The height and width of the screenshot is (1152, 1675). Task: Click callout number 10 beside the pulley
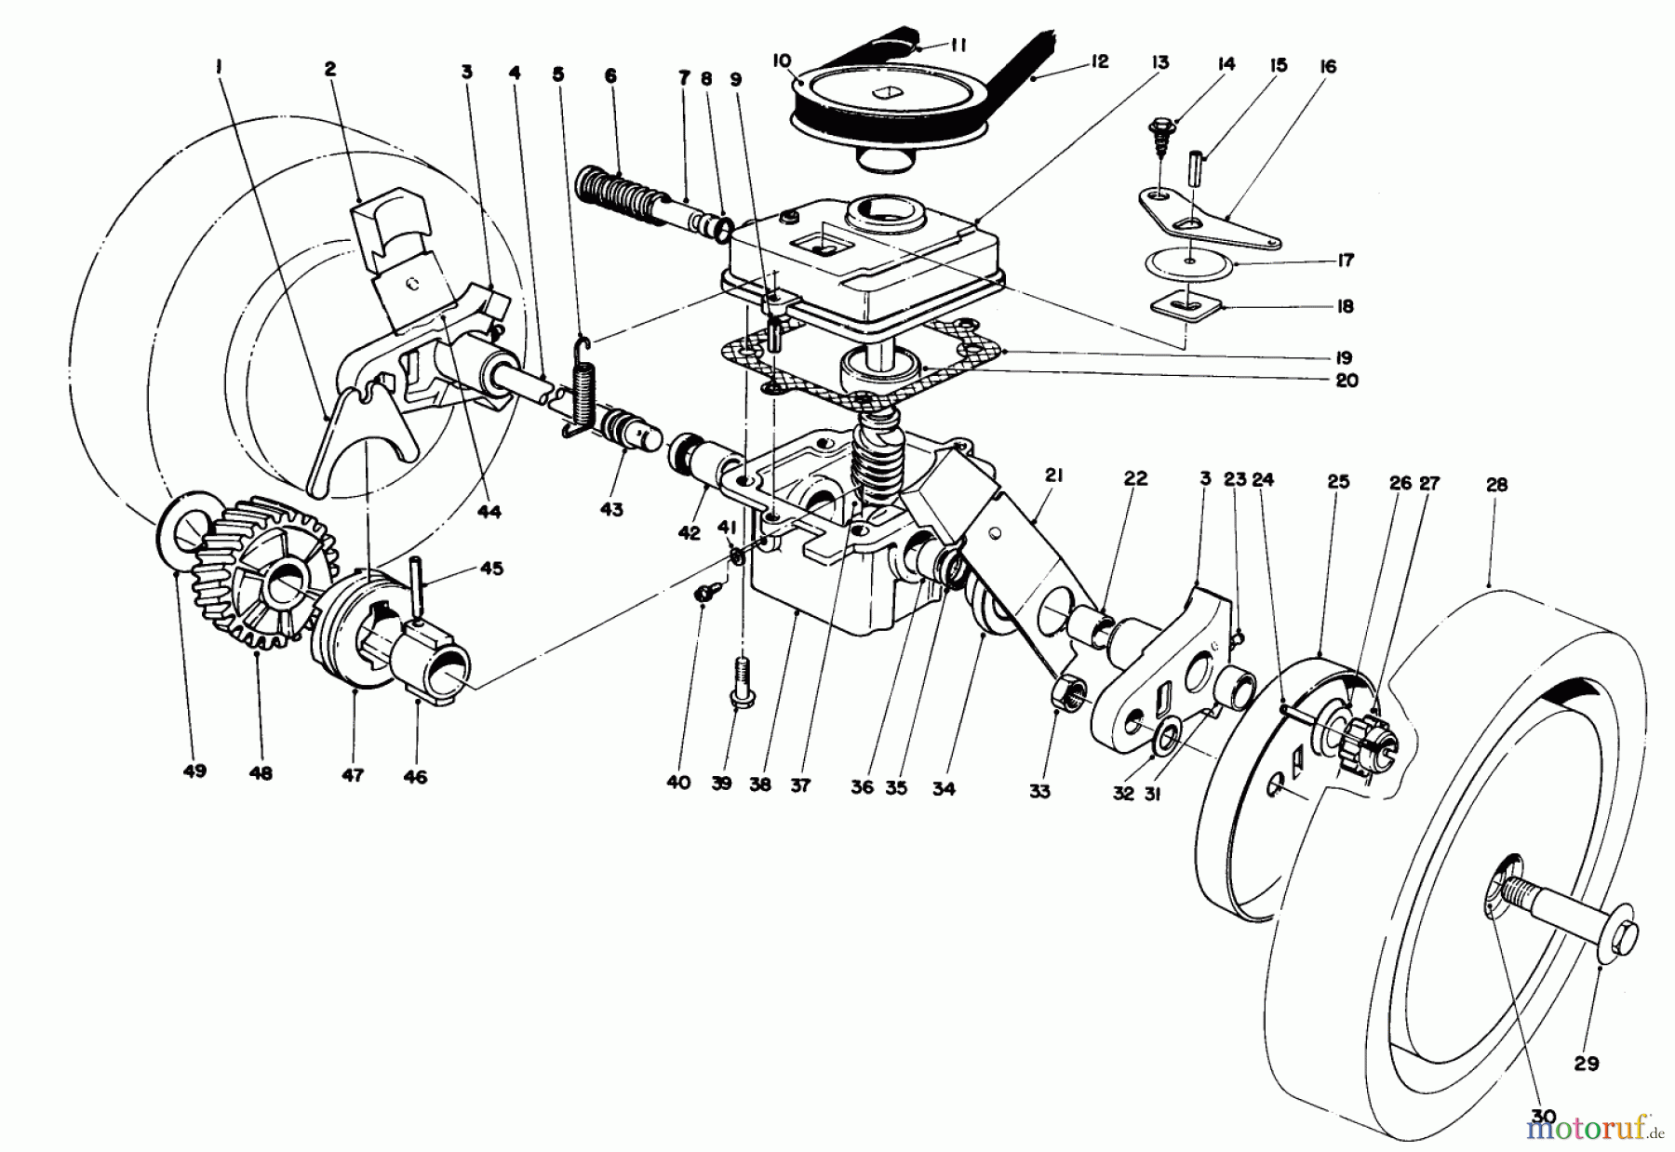pyautogui.click(x=780, y=59)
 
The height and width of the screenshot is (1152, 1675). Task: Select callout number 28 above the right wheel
pyautogui.click(x=1497, y=485)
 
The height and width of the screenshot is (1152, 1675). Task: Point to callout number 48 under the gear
pyautogui.click(x=261, y=772)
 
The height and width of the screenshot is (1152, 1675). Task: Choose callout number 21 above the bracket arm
pyautogui.click(x=1053, y=476)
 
